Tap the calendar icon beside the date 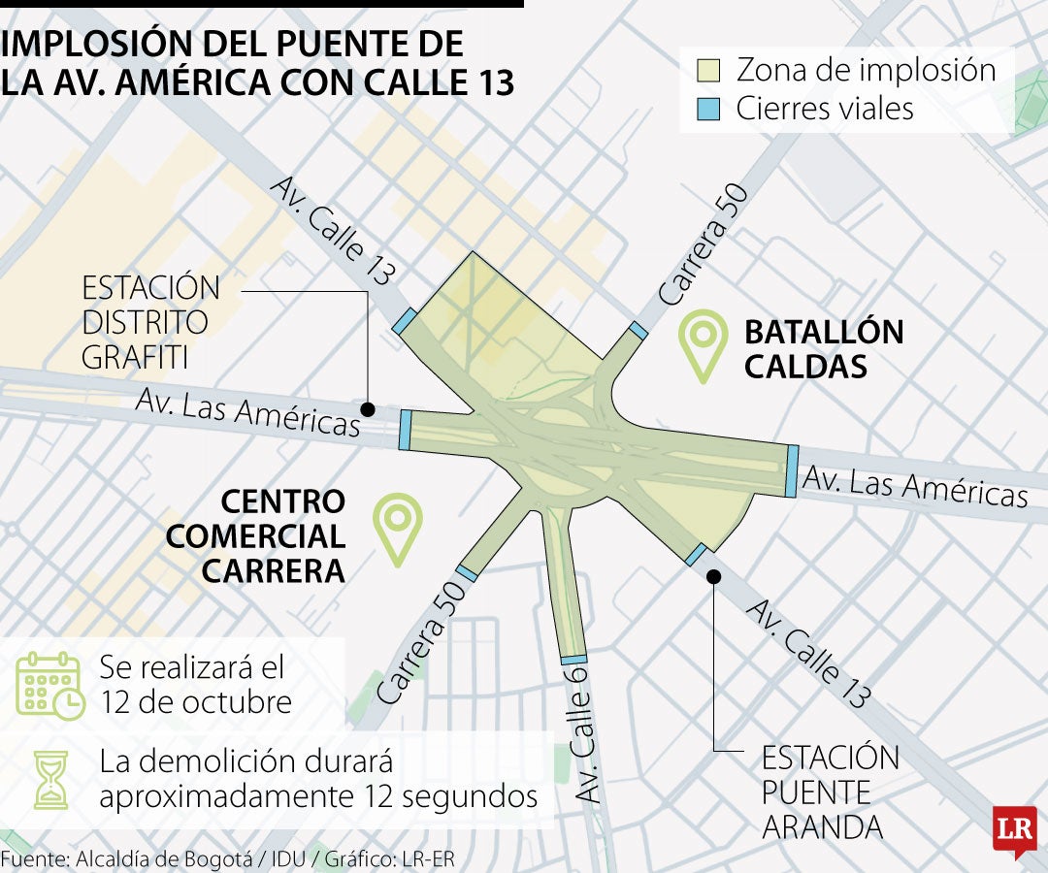point(49,685)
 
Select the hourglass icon point(49,779)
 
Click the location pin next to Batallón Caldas point(704,343)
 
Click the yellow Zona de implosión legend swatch point(710,71)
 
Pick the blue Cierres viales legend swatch point(710,109)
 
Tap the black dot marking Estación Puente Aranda point(713,576)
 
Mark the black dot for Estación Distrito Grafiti point(369,408)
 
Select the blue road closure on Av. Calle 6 point(573,661)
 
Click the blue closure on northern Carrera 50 point(638,331)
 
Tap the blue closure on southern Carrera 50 point(467,573)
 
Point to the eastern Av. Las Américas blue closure point(792,471)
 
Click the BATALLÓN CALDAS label point(823,348)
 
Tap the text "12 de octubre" point(195,701)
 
